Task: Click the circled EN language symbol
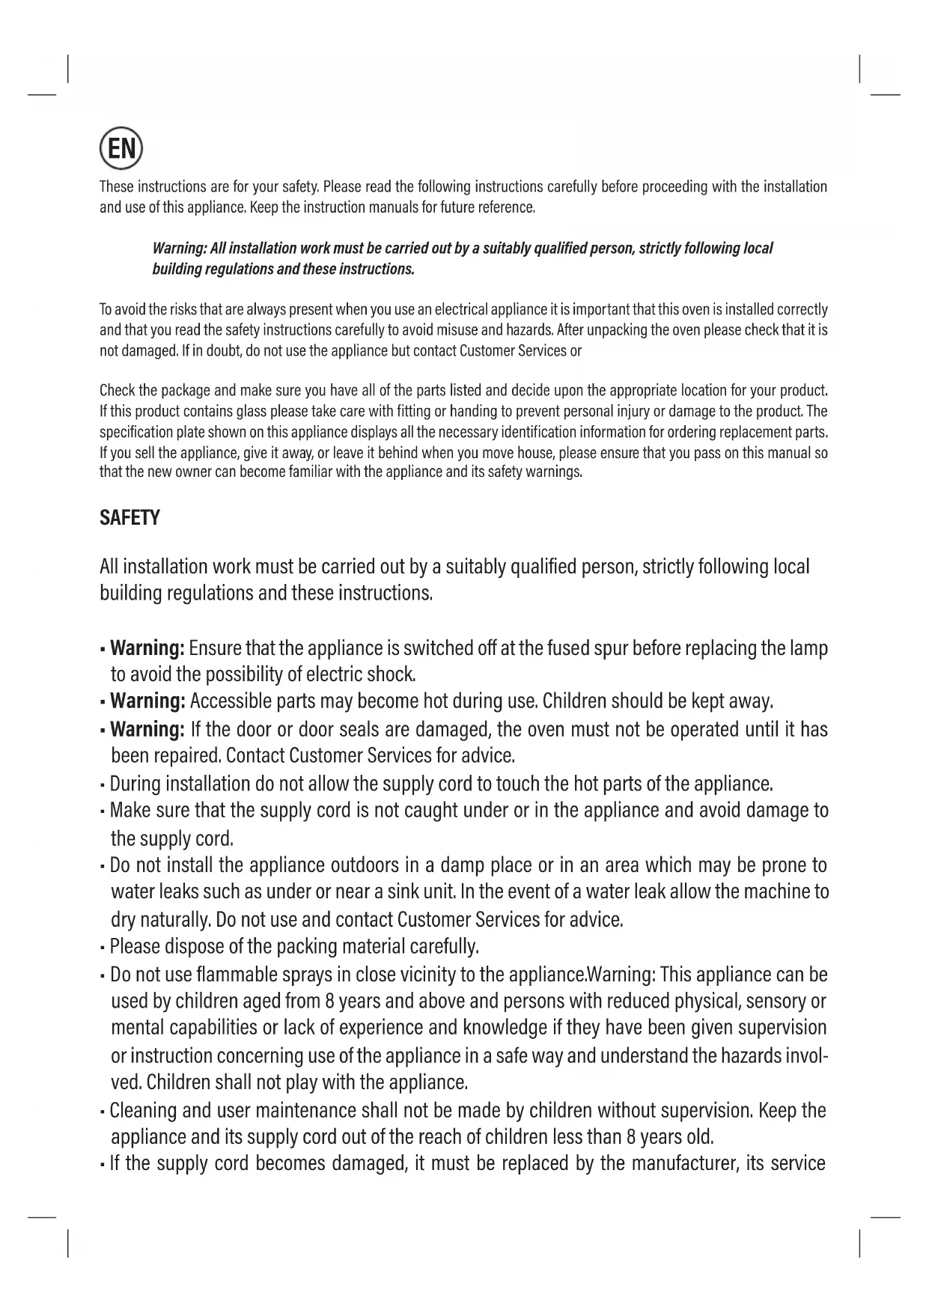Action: [121, 149]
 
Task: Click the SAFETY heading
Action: [130, 518]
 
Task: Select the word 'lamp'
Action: [808, 648]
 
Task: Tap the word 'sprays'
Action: [312, 975]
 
